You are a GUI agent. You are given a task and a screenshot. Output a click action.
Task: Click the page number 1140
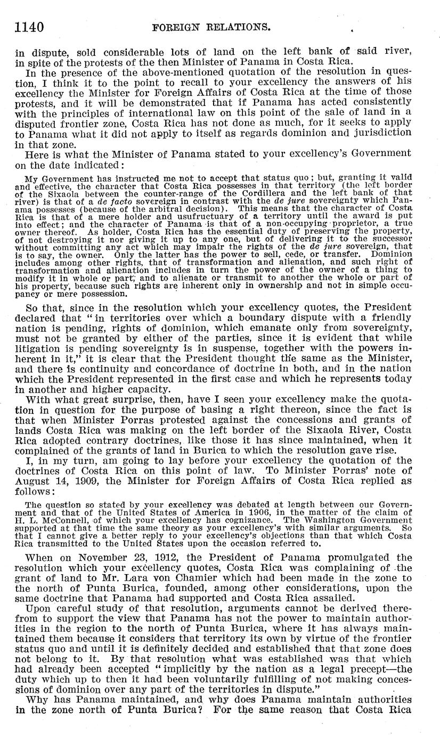29,26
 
